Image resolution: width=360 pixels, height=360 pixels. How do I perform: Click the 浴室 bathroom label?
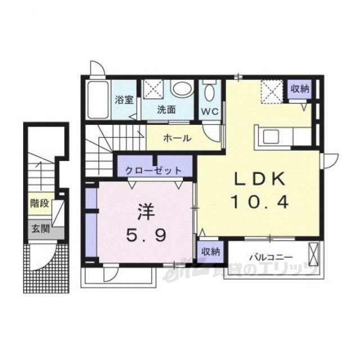(124, 100)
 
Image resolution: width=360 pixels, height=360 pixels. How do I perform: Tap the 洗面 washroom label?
(166, 110)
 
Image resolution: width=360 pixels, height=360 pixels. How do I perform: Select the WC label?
(210, 111)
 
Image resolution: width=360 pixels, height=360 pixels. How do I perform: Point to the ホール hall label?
(177, 138)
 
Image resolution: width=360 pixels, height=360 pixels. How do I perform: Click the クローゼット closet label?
(154, 170)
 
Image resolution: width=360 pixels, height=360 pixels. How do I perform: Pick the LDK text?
(260, 179)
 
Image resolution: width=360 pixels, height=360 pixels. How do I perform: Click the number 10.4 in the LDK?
(260, 202)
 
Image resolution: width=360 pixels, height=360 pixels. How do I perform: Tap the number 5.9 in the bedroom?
(146, 235)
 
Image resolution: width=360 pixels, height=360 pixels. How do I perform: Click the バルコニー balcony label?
(271, 258)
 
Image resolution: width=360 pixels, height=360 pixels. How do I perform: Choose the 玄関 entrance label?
(40, 229)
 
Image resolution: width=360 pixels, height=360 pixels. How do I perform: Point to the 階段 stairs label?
(40, 204)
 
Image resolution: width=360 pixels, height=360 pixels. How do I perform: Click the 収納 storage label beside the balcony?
(210, 252)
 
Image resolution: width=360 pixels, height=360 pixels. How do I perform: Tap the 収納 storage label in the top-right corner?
(300, 89)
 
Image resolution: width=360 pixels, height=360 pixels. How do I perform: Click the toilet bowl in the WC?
(210, 91)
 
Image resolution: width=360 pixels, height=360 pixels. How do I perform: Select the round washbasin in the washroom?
(182, 89)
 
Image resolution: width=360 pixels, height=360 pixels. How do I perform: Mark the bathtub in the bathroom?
(98, 100)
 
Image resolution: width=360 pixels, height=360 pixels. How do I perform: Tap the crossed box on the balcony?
(314, 254)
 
